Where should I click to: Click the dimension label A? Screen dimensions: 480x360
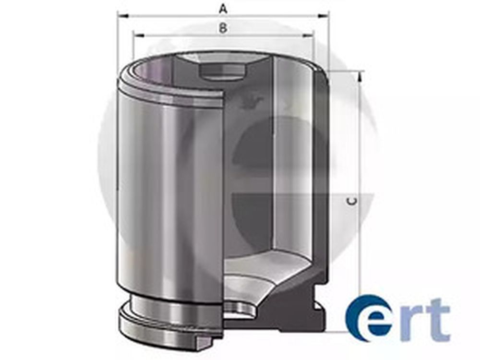tap(224, 9)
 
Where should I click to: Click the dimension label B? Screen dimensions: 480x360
tap(223, 28)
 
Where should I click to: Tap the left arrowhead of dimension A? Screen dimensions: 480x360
tap(123, 16)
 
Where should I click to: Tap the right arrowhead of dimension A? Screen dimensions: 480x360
tap(324, 16)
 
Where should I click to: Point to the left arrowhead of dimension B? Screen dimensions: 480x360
tap(138, 36)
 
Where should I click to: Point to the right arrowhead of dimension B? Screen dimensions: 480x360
tap(308, 36)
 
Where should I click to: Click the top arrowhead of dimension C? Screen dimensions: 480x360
tap(360, 76)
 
